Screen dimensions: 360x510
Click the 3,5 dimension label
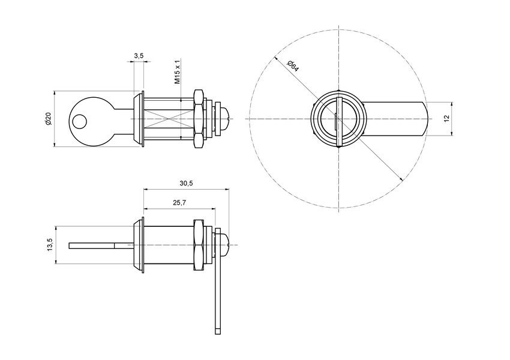tap(139, 55)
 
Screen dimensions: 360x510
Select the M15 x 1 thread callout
tap(177, 71)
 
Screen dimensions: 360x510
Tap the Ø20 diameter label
tap(48, 119)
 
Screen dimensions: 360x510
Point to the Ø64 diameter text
tap(292, 65)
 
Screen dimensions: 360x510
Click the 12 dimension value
tap(446, 119)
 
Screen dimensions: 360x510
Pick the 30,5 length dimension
tap(186, 183)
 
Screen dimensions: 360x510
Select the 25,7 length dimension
tap(178, 203)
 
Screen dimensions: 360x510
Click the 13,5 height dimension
tap(50, 245)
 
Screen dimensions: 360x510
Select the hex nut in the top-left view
tap(198, 119)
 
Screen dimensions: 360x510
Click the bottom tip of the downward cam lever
tap(218, 331)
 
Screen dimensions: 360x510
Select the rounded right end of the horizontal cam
tap(425, 119)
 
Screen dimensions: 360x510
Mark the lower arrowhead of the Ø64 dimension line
tap(398, 177)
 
